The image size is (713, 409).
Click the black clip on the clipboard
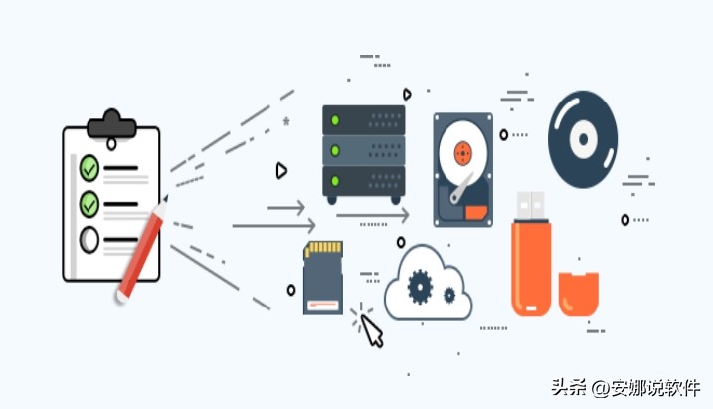[110, 123]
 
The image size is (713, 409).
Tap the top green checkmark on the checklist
[89, 166]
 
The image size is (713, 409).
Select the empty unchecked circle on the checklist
[89, 239]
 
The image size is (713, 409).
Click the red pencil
[142, 250]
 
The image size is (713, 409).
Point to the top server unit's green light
[336, 121]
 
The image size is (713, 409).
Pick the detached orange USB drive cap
[579, 291]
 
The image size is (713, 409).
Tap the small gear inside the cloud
[449, 295]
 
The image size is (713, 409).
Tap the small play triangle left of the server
[281, 170]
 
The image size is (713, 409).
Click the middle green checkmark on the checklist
[89, 203]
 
